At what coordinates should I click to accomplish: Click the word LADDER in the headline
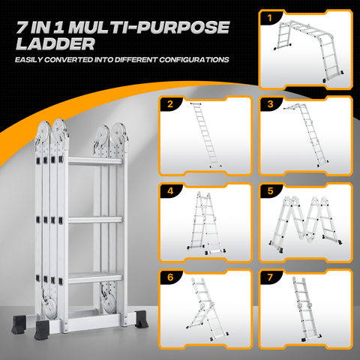click(55, 44)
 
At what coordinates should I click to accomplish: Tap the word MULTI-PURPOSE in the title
click(149, 27)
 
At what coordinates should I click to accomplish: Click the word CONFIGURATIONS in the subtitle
click(194, 60)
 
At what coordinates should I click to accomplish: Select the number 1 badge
click(269, 18)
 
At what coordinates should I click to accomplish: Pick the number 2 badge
click(170, 103)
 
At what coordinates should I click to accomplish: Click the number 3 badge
click(270, 103)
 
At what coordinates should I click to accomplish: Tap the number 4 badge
click(170, 191)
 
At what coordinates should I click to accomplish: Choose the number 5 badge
click(270, 191)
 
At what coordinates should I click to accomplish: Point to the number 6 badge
click(170, 277)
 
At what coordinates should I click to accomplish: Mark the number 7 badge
click(270, 277)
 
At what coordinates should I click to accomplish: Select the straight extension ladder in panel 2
click(205, 134)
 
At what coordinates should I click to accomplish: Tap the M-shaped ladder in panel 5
click(305, 223)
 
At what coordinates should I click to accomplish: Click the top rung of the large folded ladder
click(95, 161)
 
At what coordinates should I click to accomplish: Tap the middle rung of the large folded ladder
click(95, 220)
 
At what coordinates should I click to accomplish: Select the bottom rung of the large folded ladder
click(95, 278)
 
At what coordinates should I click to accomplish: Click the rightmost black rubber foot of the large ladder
click(142, 319)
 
